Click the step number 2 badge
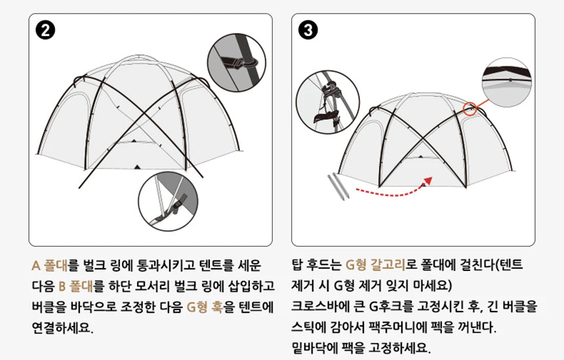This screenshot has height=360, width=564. point(46,31)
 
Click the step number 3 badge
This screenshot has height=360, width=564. point(308,31)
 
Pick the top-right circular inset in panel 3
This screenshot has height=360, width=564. point(506,83)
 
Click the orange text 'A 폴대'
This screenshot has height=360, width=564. point(51,266)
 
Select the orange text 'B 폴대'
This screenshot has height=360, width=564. point(81,286)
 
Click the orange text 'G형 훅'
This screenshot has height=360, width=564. point(205,306)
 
